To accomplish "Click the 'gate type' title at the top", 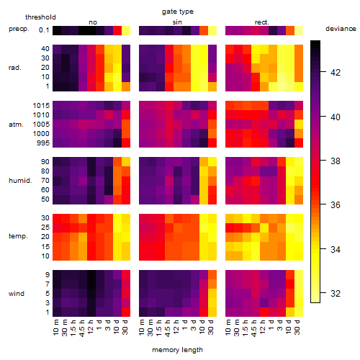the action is click(178, 12).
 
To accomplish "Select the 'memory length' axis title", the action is click(177, 350).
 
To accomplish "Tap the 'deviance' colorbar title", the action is click(341, 29).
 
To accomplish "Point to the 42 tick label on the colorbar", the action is click(336, 72).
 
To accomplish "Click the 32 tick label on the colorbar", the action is click(336, 293).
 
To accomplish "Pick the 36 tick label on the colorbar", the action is click(336, 204).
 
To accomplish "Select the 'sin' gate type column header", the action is click(177, 22).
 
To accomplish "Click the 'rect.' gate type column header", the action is click(261, 22).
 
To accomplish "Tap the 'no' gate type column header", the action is click(93, 22).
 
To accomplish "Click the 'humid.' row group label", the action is click(20, 181).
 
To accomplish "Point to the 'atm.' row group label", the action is click(16, 125).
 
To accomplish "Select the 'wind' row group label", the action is click(17, 294).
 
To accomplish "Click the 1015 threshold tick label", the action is click(41, 106).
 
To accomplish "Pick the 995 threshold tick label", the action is click(43, 143).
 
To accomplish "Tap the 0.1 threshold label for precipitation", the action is click(44, 30).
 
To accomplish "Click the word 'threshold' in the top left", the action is click(40, 17).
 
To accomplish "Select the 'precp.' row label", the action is click(19, 29).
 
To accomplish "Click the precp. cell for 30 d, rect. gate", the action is click(299, 31).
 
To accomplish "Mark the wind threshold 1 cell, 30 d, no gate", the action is click(126, 312).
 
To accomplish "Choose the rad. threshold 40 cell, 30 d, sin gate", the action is click(212, 49).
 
